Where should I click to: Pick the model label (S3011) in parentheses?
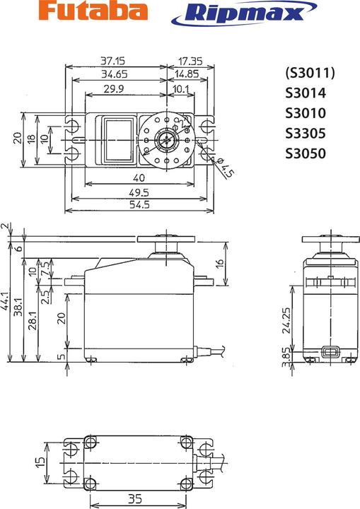[x=309, y=74]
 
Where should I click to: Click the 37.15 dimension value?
[x=117, y=62]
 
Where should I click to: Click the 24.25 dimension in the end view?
[x=285, y=319]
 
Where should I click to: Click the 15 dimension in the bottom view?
[x=40, y=464]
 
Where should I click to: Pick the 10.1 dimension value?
[x=180, y=89]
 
